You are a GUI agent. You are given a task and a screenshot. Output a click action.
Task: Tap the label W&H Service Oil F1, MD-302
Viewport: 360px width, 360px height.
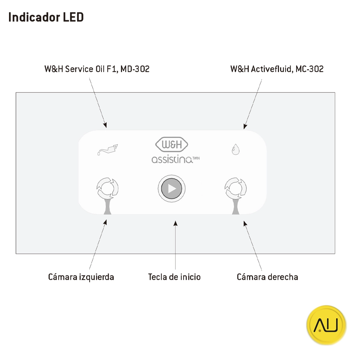click(97, 69)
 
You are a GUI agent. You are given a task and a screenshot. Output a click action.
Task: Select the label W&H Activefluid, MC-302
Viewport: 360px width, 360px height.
click(277, 69)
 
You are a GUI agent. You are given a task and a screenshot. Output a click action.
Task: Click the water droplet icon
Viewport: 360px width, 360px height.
click(235, 149)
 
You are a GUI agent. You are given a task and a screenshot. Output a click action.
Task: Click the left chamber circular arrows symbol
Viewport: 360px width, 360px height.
click(107, 187)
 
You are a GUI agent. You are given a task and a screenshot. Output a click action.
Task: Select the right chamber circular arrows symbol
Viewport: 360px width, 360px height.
click(235, 187)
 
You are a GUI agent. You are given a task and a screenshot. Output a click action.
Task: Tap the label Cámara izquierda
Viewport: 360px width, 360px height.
click(81, 277)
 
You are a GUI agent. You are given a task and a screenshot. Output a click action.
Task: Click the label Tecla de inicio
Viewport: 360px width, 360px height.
click(174, 277)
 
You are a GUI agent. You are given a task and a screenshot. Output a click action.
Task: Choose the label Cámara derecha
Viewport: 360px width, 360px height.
click(267, 277)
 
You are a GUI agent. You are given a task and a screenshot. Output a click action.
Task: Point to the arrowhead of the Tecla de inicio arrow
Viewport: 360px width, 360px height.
click(175, 224)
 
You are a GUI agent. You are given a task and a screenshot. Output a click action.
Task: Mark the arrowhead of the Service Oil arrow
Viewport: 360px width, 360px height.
click(105, 125)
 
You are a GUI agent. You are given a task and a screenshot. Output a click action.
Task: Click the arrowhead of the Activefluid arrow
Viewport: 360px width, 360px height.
click(245, 126)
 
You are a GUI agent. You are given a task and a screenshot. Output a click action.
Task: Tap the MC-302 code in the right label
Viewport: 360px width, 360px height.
click(310, 69)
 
